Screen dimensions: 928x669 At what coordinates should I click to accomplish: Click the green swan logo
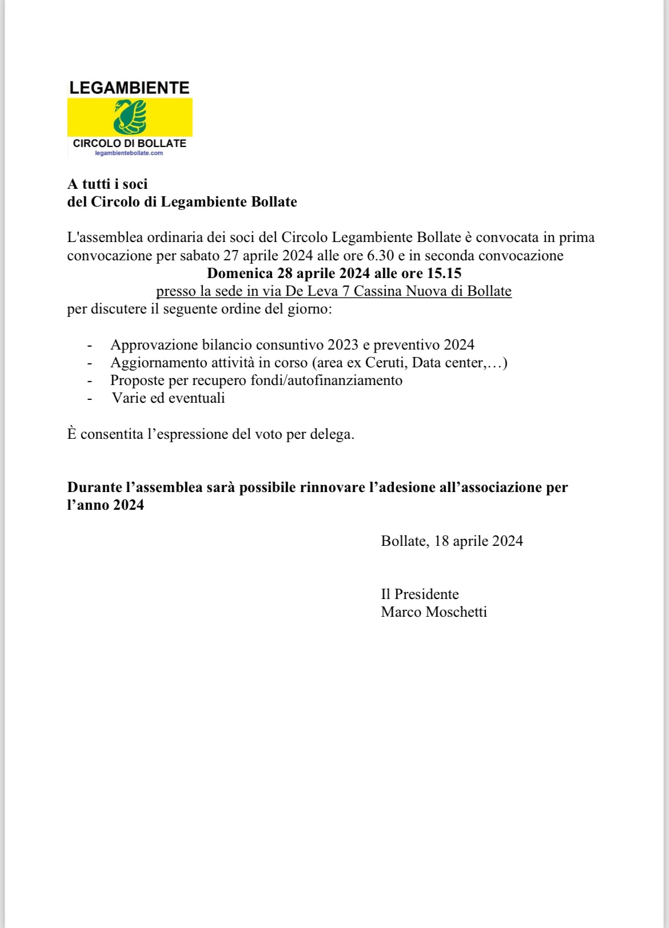coord(130,117)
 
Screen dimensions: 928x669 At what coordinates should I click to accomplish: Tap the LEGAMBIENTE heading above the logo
coord(129,88)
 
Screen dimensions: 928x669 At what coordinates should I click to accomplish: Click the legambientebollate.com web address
coord(129,153)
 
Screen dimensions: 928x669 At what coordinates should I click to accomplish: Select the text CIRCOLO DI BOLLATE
coord(130,143)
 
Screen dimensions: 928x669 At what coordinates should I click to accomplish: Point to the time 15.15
coord(444,273)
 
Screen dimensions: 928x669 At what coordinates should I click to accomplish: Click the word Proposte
coord(137,380)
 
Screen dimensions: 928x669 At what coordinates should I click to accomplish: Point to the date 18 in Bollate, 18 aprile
coord(441,541)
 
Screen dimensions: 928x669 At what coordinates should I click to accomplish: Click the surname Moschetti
coord(456,612)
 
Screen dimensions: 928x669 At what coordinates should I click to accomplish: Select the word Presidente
coord(427,594)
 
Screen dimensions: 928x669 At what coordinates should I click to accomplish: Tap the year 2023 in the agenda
coord(343,345)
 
